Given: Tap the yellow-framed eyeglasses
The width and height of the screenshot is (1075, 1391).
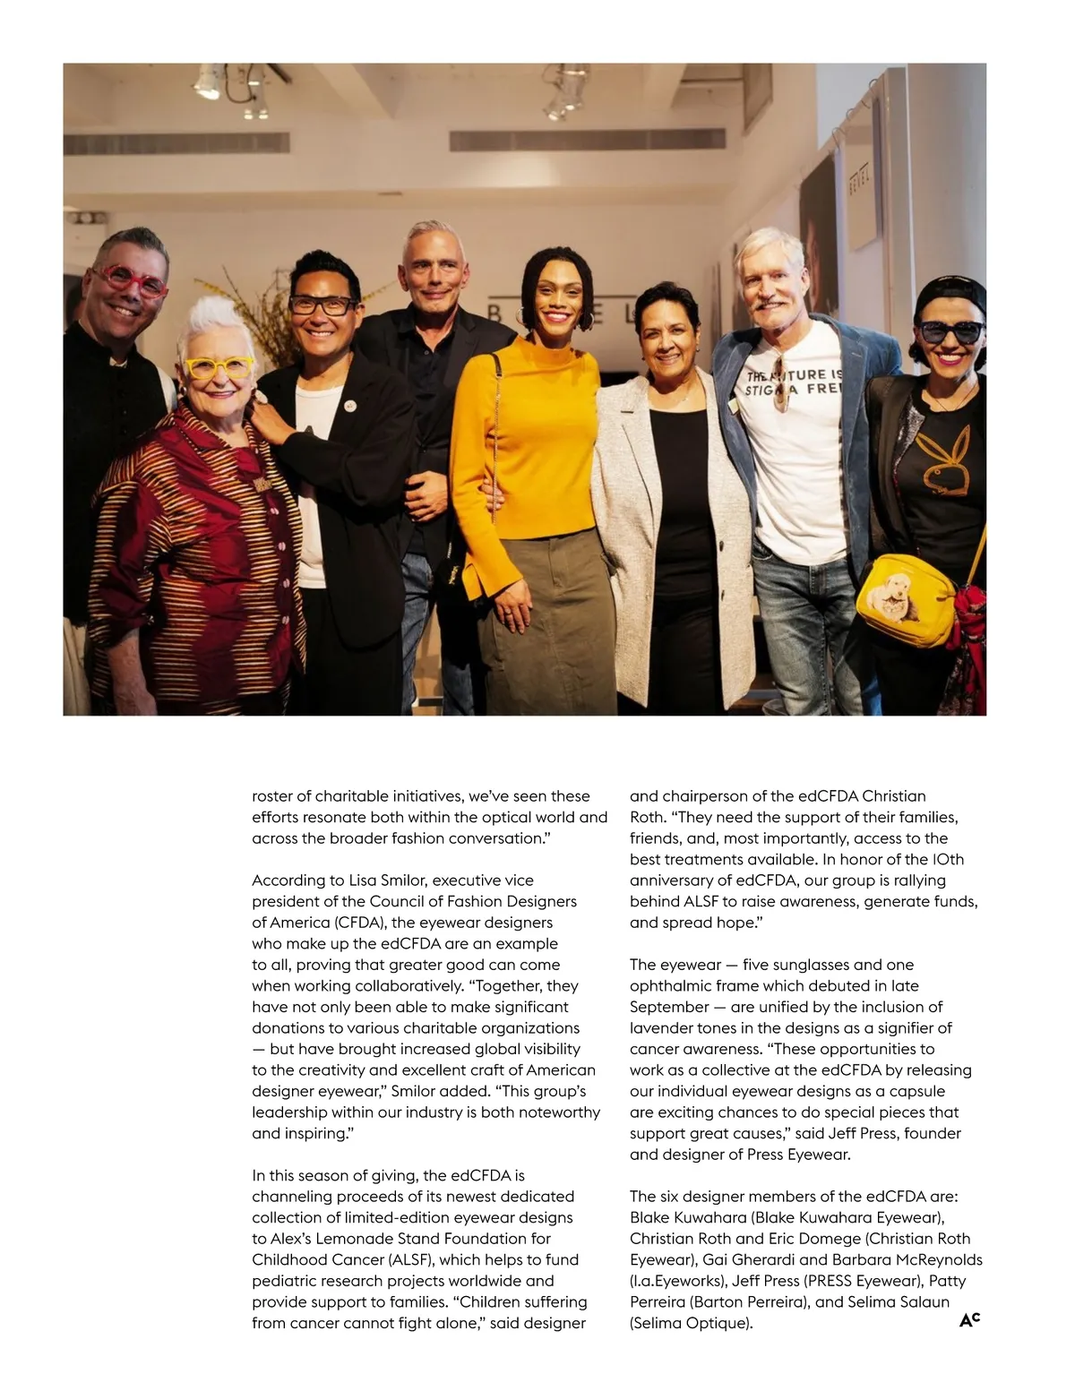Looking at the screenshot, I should point(219,367).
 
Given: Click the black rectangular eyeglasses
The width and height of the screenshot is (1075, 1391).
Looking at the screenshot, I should point(322,305).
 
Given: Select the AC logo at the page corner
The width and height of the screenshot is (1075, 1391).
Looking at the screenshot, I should point(969,1318).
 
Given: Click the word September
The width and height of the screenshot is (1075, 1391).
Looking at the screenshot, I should point(668,1007).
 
